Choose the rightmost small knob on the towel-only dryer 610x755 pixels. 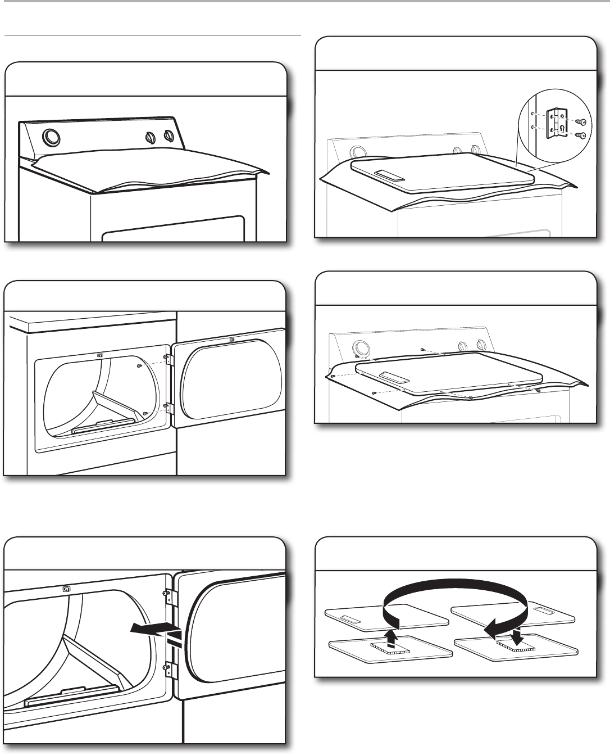pos(167,136)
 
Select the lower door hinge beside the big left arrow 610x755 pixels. pos(167,669)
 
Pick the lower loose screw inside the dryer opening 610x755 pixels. pos(145,413)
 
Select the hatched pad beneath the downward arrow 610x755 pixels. pos(517,648)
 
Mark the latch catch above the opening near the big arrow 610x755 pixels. pos(66,589)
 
